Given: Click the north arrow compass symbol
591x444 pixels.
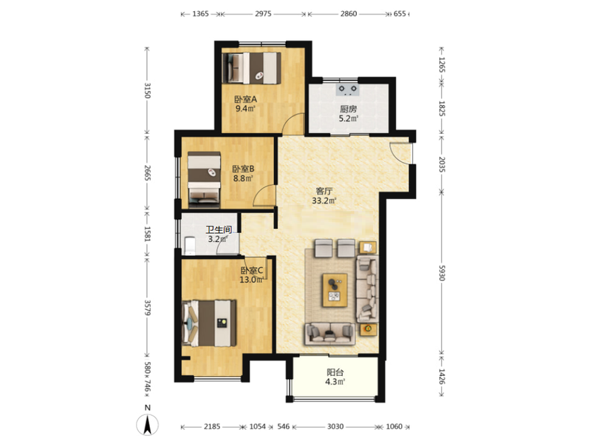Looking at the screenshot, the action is (x=147, y=425).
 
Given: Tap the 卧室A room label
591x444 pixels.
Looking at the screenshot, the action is (x=245, y=100).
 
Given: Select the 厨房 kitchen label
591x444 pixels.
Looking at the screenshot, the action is (x=348, y=109).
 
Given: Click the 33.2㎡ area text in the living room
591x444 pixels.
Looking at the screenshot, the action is (x=324, y=201).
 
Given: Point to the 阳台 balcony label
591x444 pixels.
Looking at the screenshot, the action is (x=335, y=373).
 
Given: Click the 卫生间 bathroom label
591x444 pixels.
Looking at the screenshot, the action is (x=219, y=229).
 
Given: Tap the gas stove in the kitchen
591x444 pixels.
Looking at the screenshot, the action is (x=347, y=89).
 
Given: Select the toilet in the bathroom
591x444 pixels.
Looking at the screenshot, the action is (x=189, y=246).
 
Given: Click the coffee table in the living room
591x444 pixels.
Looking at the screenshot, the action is (x=335, y=290).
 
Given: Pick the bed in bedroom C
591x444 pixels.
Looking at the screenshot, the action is (x=209, y=323).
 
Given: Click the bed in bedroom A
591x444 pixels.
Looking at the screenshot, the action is (x=251, y=68).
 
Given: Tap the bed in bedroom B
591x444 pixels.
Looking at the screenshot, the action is (x=204, y=180).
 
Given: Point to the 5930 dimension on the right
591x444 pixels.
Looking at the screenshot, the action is (x=442, y=272).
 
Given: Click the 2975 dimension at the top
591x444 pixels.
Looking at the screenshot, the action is (x=263, y=14).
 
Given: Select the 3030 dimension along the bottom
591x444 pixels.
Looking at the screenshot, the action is (x=335, y=427).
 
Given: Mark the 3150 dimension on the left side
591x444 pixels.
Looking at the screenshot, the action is (x=147, y=90).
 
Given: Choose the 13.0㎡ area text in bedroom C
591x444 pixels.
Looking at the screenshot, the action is (x=252, y=280).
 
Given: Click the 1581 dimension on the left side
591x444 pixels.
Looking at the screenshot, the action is (x=147, y=234).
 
